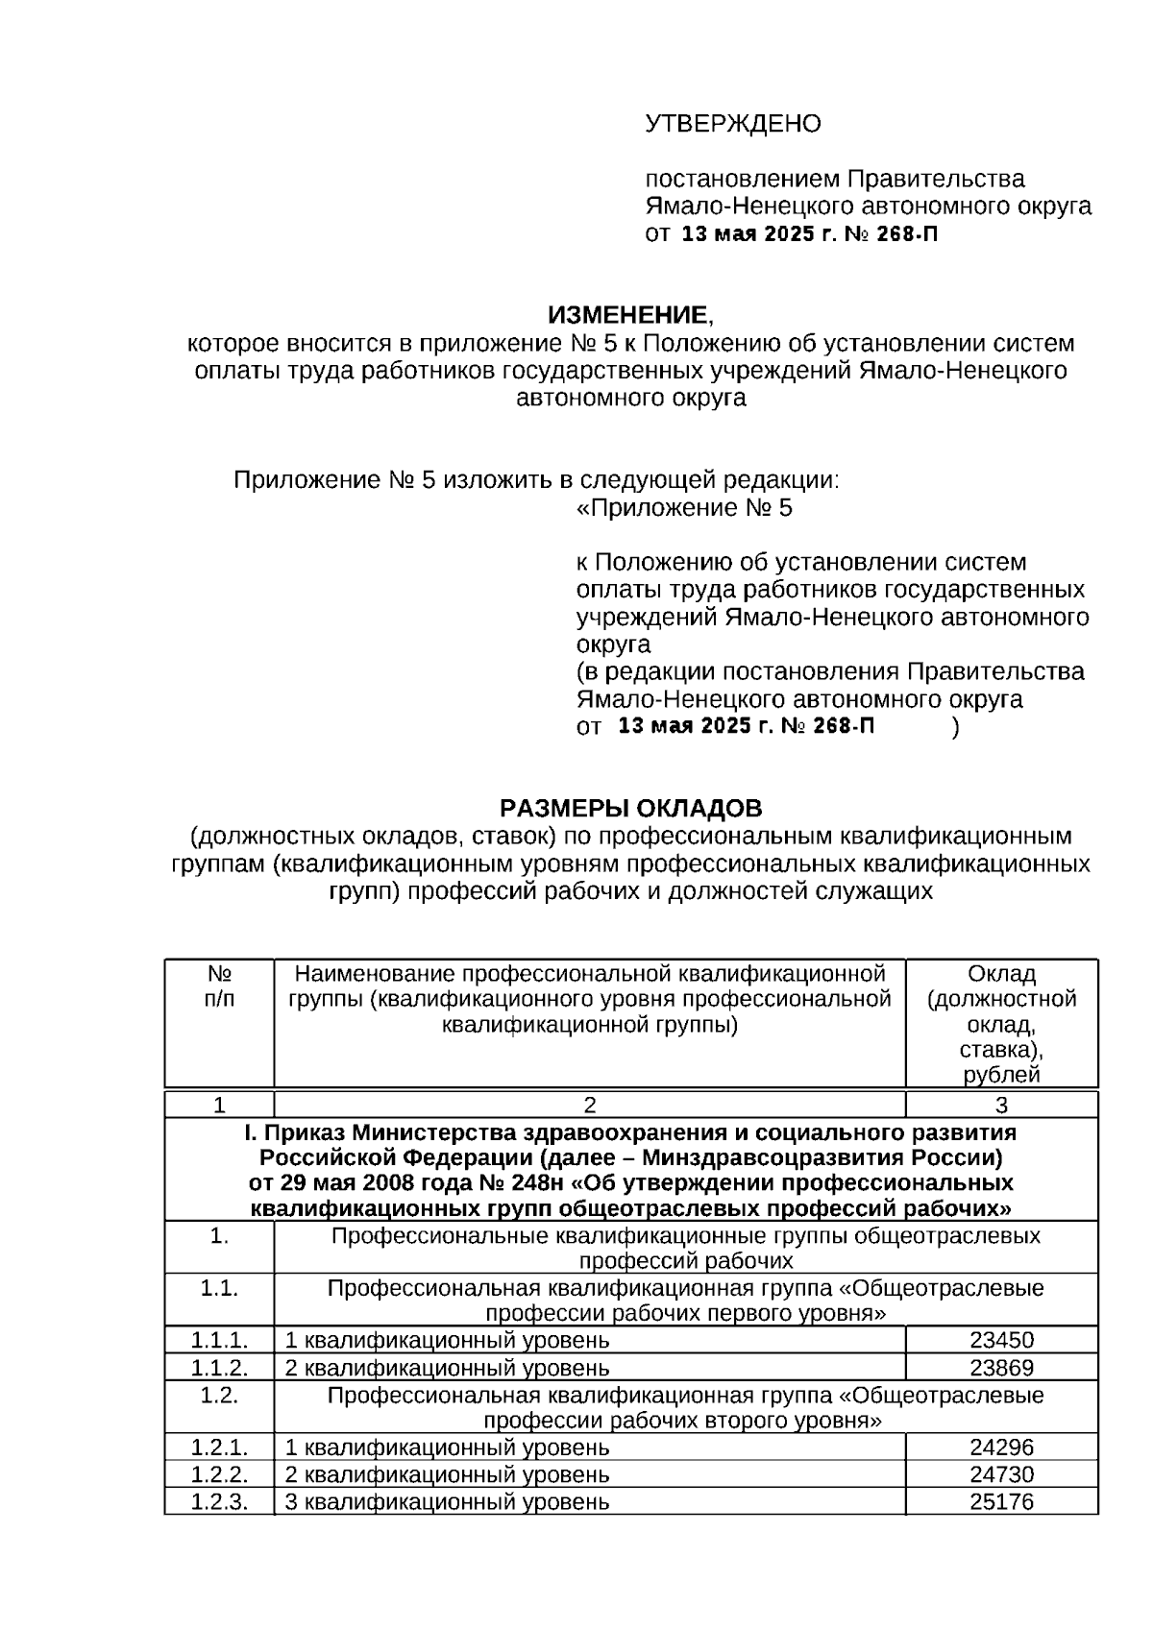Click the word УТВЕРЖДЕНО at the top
point(732,124)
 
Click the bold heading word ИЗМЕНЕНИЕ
point(626,315)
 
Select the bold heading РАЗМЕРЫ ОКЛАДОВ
point(630,808)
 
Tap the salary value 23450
point(1001,1340)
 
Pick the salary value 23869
point(1001,1367)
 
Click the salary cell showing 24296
point(1001,1447)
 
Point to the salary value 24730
point(1001,1473)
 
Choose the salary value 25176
point(1001,1500)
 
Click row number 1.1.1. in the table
point(219,1340)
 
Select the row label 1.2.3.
point(219,1500)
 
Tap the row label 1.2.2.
point(219,1473)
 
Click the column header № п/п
point(219,986)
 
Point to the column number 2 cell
point(590,1105)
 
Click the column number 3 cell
point(1001,1105)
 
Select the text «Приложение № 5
point(684,508)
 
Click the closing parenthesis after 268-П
point(955,727)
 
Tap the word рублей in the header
point(1001,1075)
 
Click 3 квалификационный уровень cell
point(447,1500)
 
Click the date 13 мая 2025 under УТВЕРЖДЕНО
point(748,233)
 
